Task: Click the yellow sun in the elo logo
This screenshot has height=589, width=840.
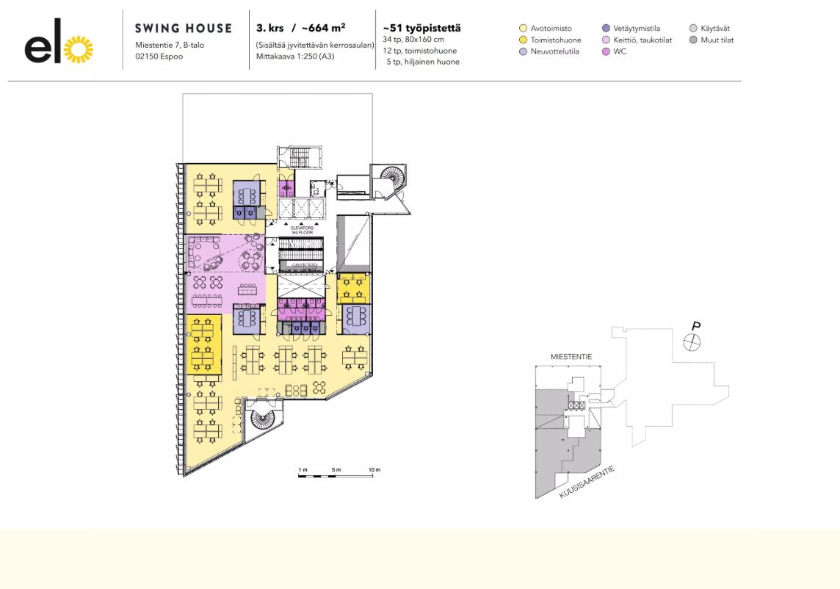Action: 79,48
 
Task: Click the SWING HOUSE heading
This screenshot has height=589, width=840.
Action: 183,29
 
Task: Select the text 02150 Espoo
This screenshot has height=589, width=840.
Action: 159,56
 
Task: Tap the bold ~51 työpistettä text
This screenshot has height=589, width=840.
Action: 422,29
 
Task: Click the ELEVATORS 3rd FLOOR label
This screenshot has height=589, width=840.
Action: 302,230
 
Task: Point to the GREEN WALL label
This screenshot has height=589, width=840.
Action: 302,267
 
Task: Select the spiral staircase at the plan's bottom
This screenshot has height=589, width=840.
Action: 263,419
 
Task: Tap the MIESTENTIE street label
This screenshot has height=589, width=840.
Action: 571,356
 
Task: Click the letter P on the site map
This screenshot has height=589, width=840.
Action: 695,326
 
